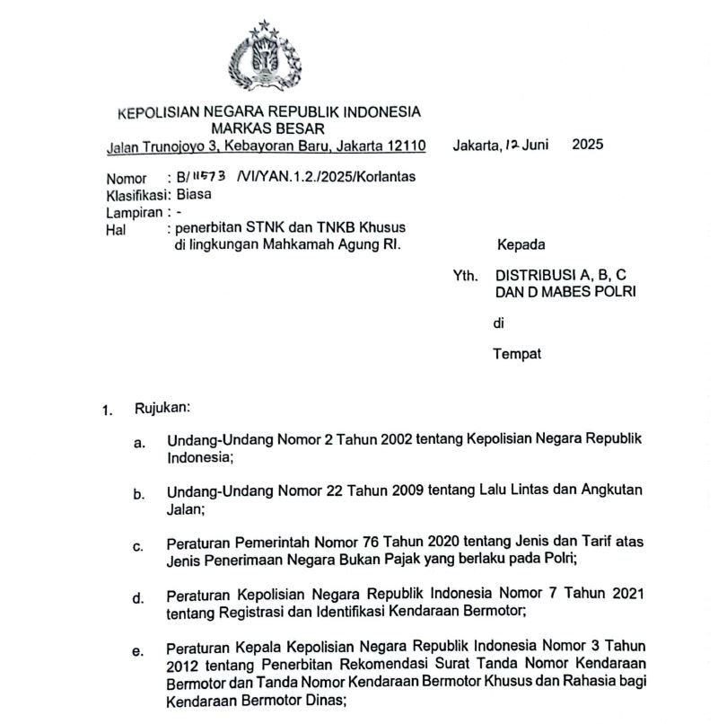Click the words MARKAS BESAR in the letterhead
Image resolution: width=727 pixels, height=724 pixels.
(x=268, y=128)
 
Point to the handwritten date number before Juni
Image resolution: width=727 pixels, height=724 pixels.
(x=512, y=144)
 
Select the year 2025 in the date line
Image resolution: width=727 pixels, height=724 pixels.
(x=588, y=144)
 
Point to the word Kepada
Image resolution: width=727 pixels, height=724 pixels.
(x=521, y=244)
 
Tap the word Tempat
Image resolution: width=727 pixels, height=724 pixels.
(x=517, y=354)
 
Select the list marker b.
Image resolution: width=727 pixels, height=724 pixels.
(x=139, y=493)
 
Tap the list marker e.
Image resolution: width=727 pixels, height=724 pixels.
(x=138, y=651)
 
